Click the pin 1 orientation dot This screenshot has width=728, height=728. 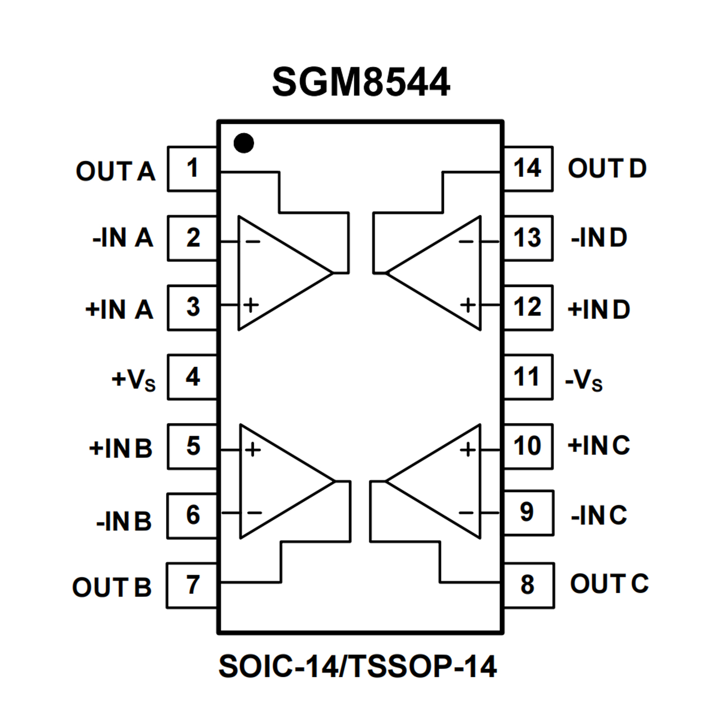click(x=244, y=143)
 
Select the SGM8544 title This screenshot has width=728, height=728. click(x=361, y=82)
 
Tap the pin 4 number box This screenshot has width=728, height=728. click(x=192, y=377)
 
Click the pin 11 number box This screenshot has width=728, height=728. click(x=527, y=377)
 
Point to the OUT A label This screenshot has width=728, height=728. click(x=115, y=171)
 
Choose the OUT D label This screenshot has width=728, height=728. click(x=607, y=168)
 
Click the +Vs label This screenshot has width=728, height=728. click(x=133, y=379)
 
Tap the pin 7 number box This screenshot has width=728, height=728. click(x=192, y=585)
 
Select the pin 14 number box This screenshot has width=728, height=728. click(x=527, y=169)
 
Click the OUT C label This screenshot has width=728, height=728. click(x=609, y=584)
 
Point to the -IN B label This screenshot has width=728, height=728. click(x=124, y=521)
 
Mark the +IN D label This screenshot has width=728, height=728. click(x=599, y=309)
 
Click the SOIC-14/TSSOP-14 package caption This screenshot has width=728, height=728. click(x=357, y=666)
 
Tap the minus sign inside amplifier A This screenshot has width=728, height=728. click(x=253, y=242)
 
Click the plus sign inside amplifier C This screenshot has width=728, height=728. click(x=468, y=449)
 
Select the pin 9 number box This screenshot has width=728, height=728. click(x=527, y=513)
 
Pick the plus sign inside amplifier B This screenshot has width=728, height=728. click(x=253, y=449)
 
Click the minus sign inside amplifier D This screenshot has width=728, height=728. click(x=466, y=242)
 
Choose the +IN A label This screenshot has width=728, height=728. click(x=119, y=309)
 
